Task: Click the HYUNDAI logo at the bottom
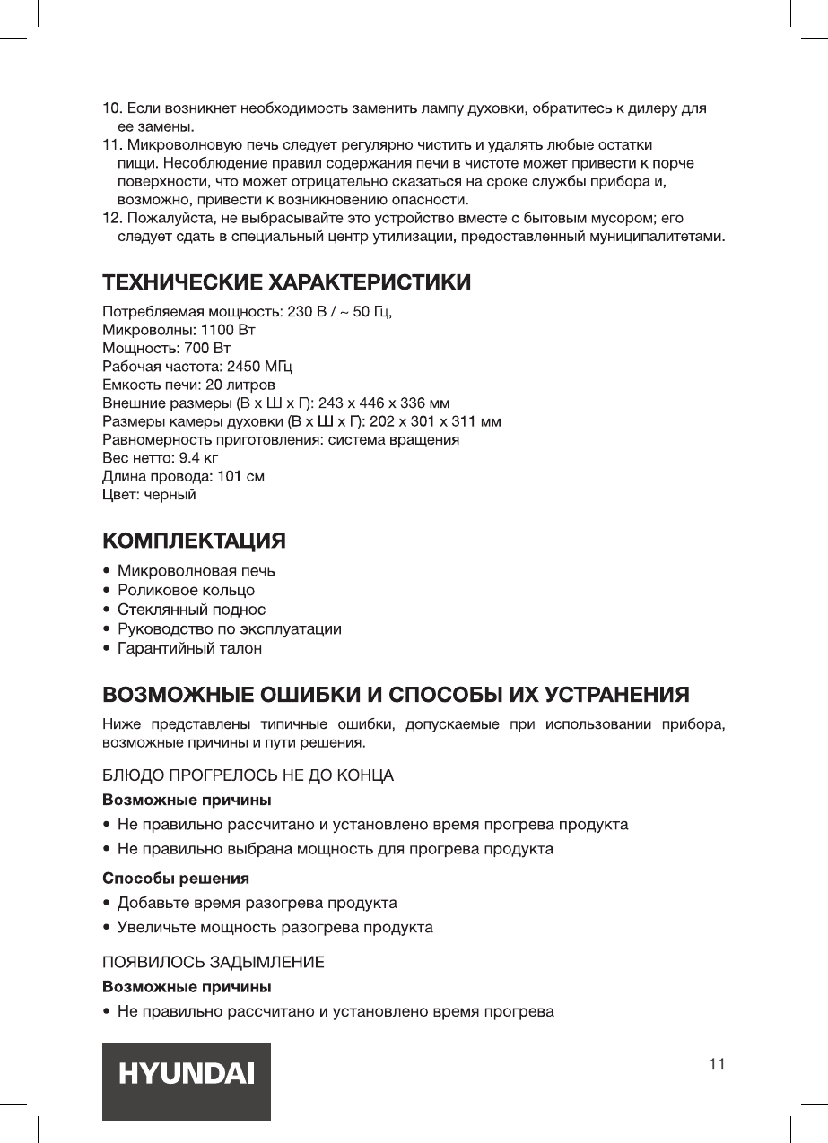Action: [186, 1074]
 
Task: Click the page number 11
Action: [715, 1064]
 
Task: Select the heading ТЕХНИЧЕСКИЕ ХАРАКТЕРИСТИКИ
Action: [286, 283]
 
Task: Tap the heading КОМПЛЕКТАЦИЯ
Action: [195, 541]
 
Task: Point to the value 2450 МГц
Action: [260, 367]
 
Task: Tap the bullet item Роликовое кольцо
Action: [186, 590]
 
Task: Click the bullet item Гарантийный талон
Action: [189, 648]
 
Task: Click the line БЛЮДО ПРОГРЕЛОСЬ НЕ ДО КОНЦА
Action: [248, 774]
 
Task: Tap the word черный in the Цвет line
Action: [170, 494]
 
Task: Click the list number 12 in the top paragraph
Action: [111, 219]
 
